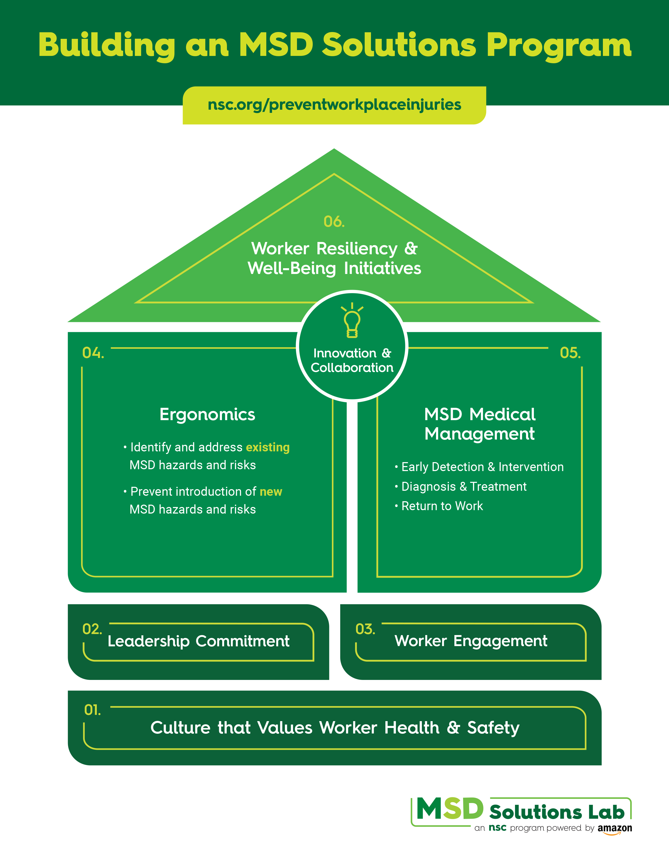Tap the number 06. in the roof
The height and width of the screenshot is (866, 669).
tap(334, 222)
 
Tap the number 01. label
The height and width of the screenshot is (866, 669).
tap(92, 710)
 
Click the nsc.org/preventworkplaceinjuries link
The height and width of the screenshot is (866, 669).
tap(334, 105)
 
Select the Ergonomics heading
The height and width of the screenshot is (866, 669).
tap(207, 414)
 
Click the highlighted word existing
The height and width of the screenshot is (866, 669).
tap(268, 447)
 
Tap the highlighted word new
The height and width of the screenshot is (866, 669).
tap(271, 492)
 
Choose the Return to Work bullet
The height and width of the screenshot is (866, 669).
tap(442, 506)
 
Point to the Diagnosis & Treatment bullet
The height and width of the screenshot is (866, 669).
tap(464, 487)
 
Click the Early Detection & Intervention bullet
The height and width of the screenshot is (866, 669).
tap(482, 467)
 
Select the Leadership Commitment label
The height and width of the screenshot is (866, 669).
tap(199, 641)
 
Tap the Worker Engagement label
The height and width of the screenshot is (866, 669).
tap(471, 641)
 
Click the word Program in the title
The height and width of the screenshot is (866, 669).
tap(559, 46)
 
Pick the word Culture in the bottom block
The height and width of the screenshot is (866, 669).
tap(180, 728)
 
